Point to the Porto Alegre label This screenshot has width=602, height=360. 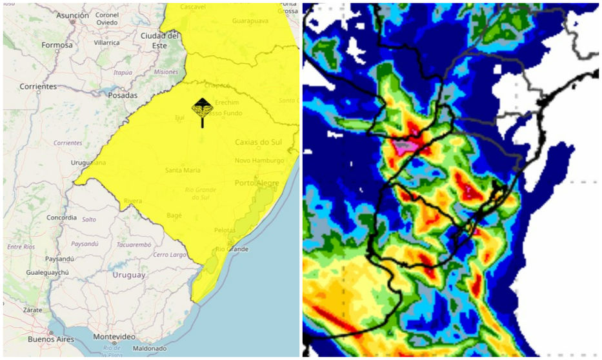(x=257, y=183)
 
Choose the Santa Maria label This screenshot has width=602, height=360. (x=183, y=170)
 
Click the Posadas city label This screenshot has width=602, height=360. (x=123, y=95)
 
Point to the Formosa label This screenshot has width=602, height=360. (x=57, y=45)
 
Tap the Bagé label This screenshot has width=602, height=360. (x=174, y=215)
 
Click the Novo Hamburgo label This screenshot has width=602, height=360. (x=259, y=161)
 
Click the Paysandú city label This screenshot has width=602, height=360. (x=59, y=259)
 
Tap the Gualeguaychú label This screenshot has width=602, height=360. (x=48, y=273)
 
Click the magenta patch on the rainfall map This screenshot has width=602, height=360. (x=405, y=147)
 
